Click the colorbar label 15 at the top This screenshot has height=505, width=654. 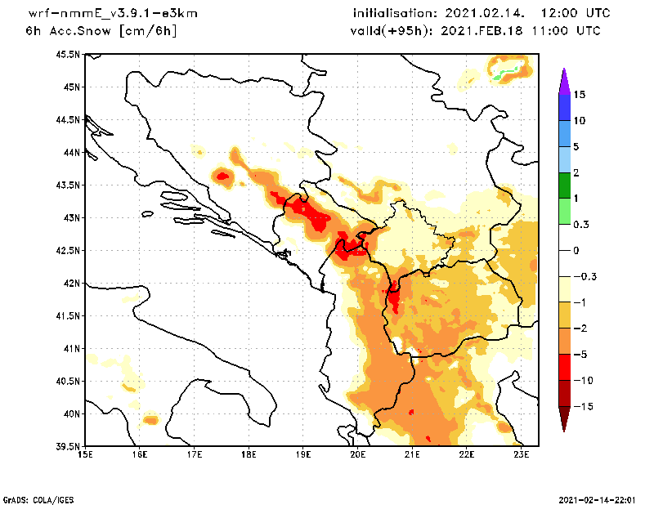[x=580, y=95]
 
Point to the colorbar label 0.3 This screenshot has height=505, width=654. [x=581, y=224]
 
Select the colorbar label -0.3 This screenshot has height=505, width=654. [x=584, y=276]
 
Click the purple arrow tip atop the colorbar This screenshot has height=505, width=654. [x=565, y=78]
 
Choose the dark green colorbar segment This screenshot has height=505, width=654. [x=565, y=185]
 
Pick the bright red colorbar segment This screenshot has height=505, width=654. [x=565, y=367]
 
